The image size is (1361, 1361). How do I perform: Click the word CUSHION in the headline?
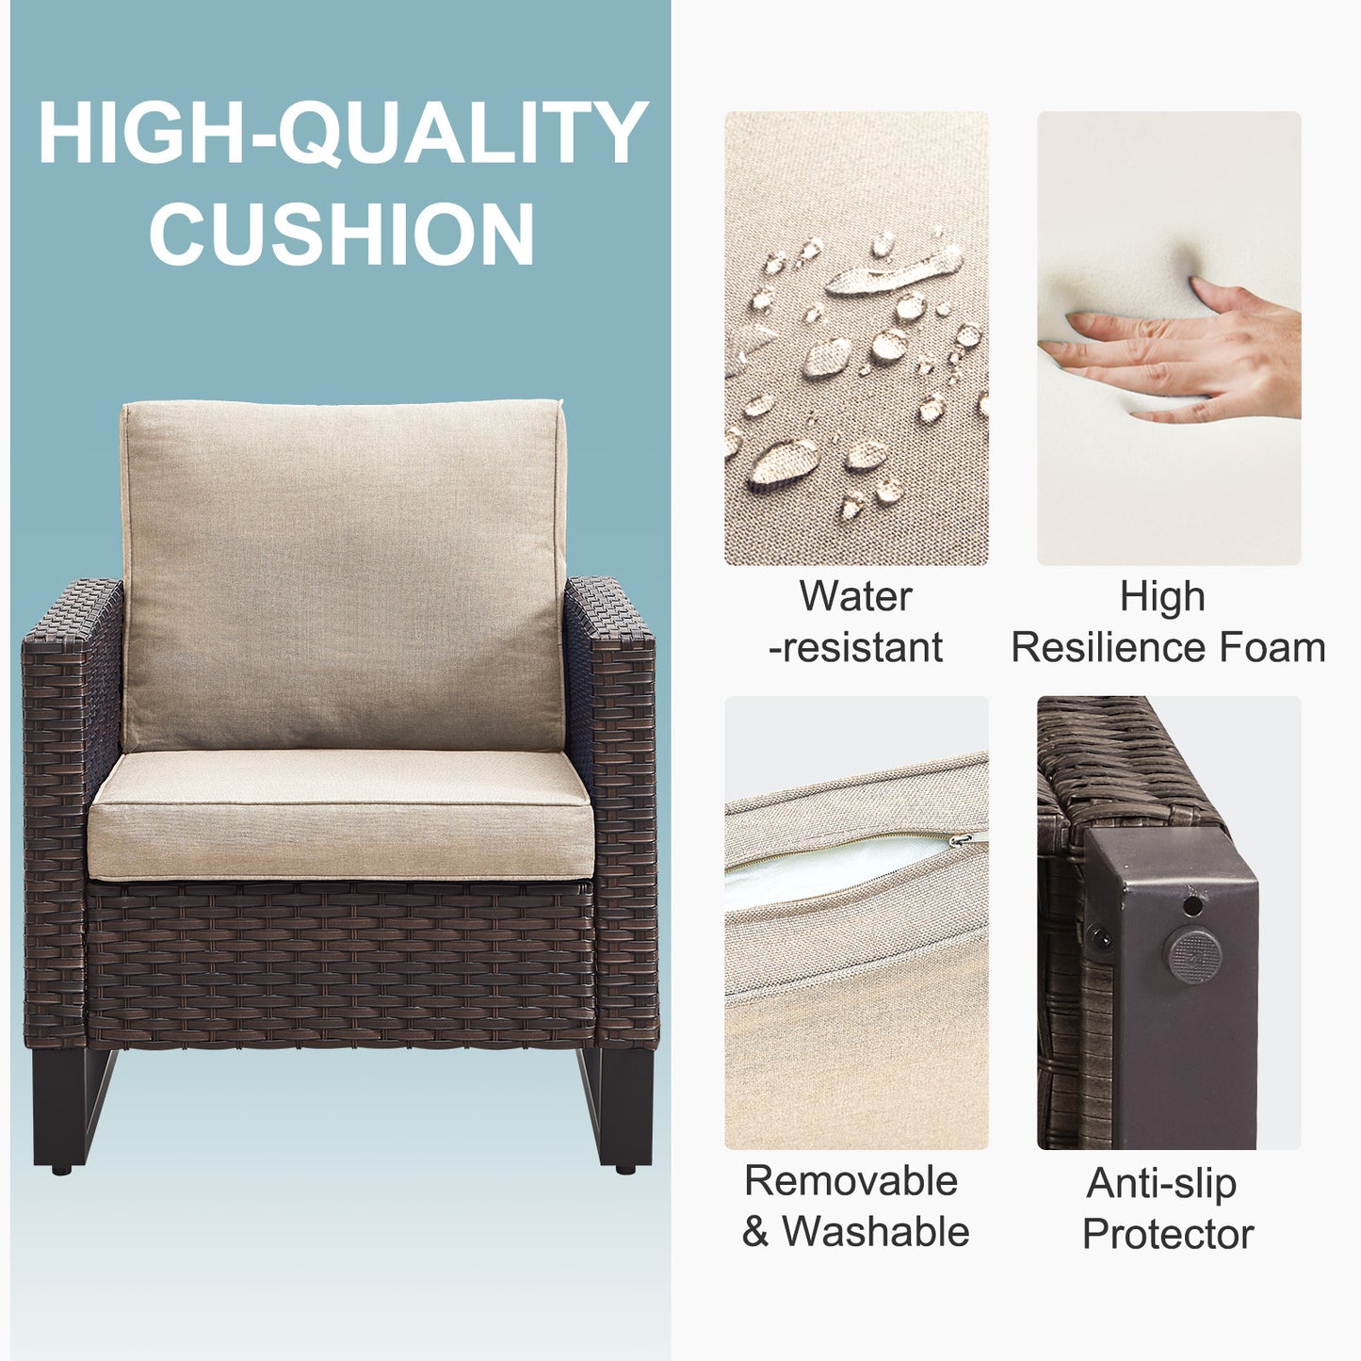342,233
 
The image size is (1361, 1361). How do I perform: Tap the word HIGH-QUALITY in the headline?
343,134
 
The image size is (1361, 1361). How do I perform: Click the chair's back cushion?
344,575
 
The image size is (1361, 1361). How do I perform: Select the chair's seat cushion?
340,815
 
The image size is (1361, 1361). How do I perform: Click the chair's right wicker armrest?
611,812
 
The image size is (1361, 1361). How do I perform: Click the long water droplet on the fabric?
894,272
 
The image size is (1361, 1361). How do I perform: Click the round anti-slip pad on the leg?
1193,956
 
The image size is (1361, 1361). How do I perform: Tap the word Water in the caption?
855,596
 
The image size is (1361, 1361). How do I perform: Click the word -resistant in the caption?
855,648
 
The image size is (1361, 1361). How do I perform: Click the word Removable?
851,1180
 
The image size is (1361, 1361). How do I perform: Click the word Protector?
1168,1234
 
